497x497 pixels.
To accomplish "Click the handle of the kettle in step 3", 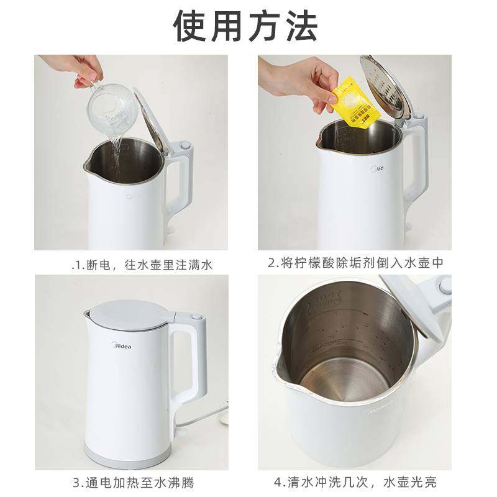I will click(195, 367).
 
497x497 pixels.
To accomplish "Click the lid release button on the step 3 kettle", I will click(198, 319).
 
